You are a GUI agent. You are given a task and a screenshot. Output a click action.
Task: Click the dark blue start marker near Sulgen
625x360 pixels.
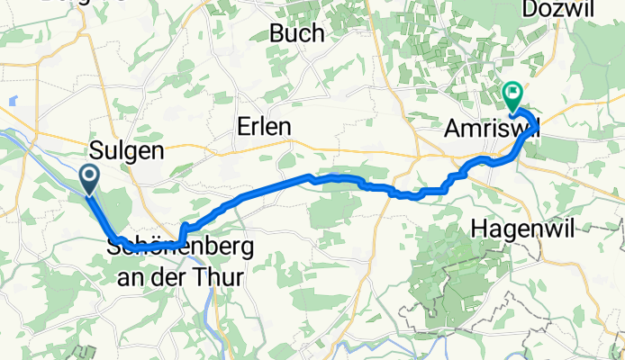point(91,177)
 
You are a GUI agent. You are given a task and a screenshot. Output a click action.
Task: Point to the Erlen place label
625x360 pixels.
point(264,128)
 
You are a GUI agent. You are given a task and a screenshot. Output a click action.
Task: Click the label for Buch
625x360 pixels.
point(297,34)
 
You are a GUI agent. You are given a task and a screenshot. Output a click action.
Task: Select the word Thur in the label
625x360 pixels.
point(221,277)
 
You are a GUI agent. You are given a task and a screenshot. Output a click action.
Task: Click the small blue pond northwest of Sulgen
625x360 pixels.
point(14,101)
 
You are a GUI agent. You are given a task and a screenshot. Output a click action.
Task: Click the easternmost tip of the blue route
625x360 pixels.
point(539,127)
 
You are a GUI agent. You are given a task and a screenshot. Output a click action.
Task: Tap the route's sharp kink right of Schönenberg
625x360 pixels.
point(183,226)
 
